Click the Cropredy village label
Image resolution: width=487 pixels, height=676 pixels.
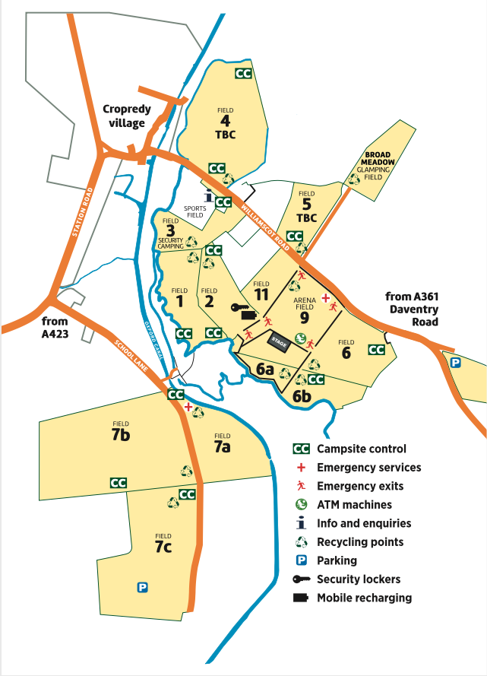(127, 116)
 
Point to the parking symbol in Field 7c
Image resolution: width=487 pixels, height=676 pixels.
(141, 587)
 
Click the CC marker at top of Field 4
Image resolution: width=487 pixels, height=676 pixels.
(243, 74)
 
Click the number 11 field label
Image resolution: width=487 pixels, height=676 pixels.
(261, 293)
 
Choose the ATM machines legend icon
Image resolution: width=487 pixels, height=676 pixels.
(302, 504)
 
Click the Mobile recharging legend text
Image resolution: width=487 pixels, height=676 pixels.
(364, 598)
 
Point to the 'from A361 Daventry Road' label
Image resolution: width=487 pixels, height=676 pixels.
(413, 308)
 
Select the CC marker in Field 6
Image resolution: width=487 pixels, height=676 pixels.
(376, 350)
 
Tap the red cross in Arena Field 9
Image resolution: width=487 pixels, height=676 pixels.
(325, 297)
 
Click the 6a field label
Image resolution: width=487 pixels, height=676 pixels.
(264, 370)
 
